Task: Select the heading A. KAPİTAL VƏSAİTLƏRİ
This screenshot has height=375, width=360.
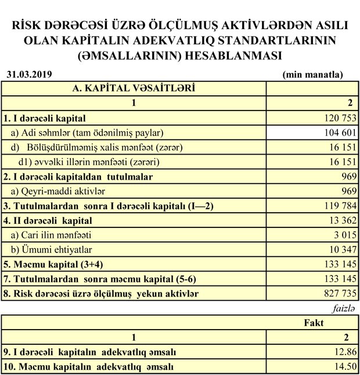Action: point(133,88)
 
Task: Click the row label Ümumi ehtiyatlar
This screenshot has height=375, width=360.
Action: point(55,250)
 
